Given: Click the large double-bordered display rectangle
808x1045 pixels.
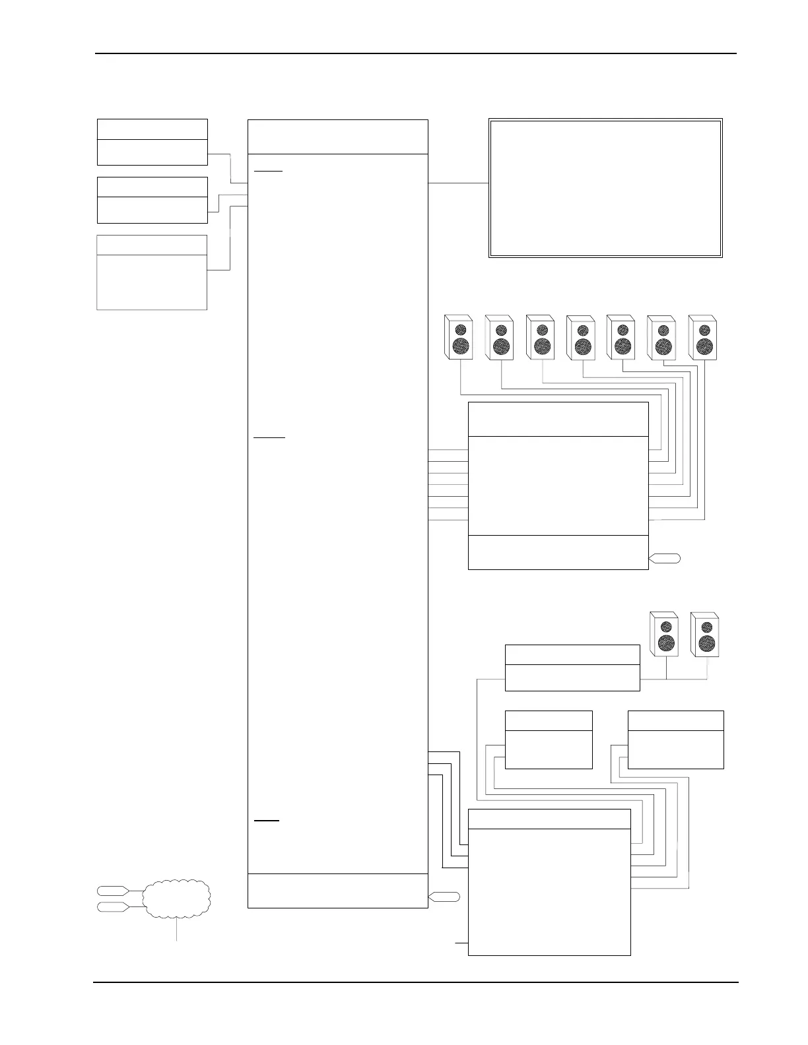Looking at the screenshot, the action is click(605, 188).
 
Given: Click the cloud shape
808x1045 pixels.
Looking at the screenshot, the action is click(176, 899).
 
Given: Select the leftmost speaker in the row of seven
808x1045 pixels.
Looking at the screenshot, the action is click(458, 338).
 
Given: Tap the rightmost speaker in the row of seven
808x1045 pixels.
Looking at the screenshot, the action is click(702, 338).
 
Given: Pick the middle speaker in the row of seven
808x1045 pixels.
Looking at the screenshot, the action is click(580, 338).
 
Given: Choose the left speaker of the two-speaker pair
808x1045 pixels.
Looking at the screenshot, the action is click(664, 634).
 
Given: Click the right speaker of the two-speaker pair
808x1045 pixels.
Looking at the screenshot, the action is click(705, 634).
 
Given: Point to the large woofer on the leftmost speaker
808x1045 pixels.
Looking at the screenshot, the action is click(461, 346).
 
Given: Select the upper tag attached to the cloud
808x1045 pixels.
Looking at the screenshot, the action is click(113, 891).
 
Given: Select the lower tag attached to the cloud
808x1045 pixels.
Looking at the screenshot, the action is click(113, 907).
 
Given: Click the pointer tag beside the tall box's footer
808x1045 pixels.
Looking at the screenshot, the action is click(444, 897).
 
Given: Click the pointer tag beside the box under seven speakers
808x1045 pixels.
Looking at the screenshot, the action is click(665, 559).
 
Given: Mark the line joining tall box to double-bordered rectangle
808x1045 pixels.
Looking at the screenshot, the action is click(458, 182).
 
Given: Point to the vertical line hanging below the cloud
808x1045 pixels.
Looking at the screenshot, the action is click(176, 930).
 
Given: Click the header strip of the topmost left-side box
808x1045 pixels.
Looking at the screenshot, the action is click(152, 129).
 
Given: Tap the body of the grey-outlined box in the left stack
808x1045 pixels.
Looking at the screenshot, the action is click(152, 282).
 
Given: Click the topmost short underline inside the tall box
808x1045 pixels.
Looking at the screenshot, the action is click(268, 171).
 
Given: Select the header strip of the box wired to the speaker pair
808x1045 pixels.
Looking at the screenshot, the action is click(572, 655).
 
